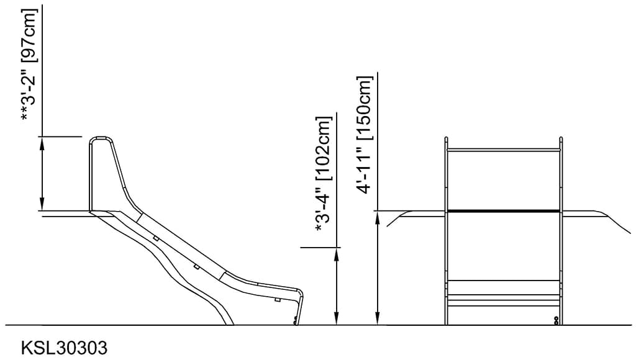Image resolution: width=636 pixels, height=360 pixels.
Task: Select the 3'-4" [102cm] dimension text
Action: (x=322, y=174)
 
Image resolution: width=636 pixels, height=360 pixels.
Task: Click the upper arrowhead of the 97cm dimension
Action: (x=42, y=142)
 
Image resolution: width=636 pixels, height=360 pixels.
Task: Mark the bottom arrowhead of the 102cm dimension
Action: (x=337, y=319)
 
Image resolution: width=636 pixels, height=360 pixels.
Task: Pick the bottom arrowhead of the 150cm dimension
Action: (x=377, y=319)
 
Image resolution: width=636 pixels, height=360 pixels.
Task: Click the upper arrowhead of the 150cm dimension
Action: (x=377, y=217)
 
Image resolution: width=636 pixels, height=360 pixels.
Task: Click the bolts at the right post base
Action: (x=555, y=320)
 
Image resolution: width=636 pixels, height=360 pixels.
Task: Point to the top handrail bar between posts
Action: (x=504, y=150)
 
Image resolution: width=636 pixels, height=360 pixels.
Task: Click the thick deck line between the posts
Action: (x=504, y=211)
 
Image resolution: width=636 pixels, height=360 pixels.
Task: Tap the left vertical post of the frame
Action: (x=446, y=248)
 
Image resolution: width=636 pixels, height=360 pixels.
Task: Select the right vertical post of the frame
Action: (x=561, y=248)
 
